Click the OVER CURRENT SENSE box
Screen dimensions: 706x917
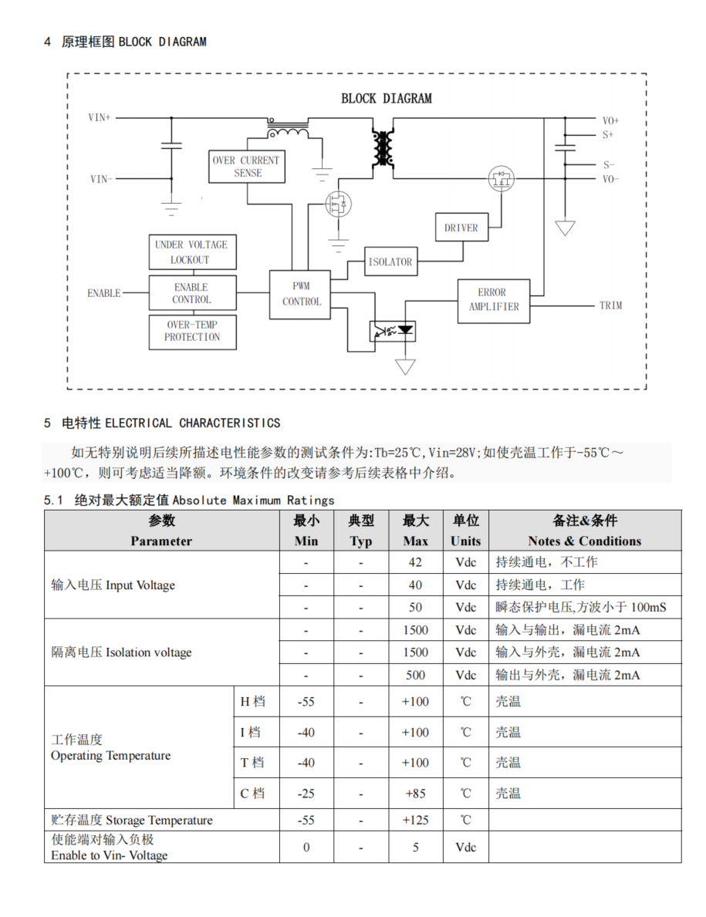coord(247,167)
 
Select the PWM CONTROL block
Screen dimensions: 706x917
coord(300,294)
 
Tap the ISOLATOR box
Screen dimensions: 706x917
coord(390,261)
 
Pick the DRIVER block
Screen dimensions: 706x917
coord(461,227)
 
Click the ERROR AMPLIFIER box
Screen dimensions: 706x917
coord(494,301)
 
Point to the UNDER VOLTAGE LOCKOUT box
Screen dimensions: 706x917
coord(192,252)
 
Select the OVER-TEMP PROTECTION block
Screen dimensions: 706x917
coord(192,332)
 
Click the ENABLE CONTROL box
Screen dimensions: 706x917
coord(192,292)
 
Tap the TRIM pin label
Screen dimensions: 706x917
coord(610,305)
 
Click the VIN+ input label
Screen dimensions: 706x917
coord(100,117)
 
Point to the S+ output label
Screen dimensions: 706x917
coord(608,134)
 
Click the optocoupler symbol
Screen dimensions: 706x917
coord(393,332)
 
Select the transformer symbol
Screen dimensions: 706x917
coord(383,148)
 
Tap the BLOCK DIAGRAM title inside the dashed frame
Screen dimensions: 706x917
coord(387,98)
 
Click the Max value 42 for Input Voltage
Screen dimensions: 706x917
coord(415,562)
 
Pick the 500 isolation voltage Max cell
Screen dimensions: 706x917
coord(415,675)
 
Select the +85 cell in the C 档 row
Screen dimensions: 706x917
coord(415,794)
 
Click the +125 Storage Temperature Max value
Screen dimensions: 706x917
coord(415,820)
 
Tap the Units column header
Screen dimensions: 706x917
coord(465,531)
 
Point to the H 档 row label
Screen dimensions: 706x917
coord(252,701)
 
